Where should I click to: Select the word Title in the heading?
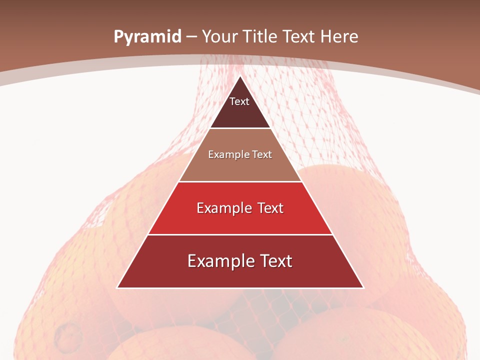(x=260, y=37)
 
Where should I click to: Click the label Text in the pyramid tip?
(x=239, y=101)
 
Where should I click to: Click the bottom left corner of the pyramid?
(x=117, y=287)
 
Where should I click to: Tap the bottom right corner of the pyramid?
(x=363, y=287)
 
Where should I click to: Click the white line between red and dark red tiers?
(x=240, y=235)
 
